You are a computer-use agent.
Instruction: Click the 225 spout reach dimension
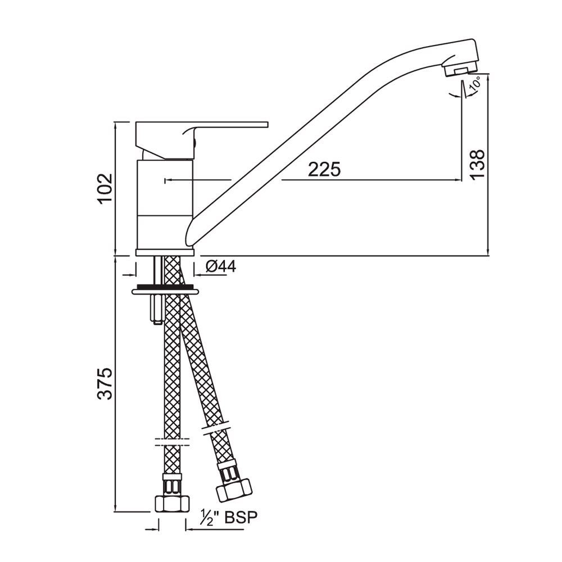click(324, 169)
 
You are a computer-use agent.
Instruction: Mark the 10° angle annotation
click(474, 85)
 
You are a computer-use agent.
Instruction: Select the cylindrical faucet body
click(165, 202)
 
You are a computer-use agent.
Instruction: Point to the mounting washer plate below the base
click(165, 291)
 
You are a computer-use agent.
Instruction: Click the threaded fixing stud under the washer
click(156, 310)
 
